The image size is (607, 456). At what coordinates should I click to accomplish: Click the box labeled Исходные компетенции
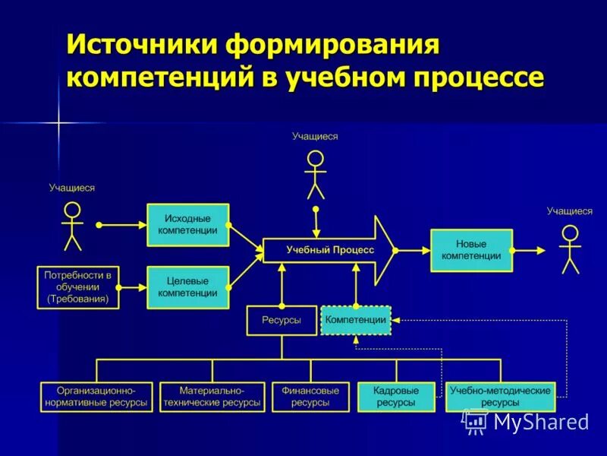(187, 224)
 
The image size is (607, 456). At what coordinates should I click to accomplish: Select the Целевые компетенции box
(187, 287)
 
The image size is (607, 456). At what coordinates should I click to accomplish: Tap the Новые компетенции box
(471, 250)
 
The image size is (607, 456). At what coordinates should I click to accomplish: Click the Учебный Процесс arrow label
(330, 250)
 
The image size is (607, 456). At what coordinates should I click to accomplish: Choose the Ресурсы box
(281, 320)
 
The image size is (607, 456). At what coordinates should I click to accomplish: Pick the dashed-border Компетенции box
(356, 320)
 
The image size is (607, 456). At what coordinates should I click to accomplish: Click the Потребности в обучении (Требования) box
(77, 287)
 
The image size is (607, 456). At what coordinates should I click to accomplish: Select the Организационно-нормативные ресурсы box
(96, 397)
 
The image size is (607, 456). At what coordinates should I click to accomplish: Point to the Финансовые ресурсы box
(310, 397)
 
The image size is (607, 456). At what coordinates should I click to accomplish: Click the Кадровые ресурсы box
(395, 397)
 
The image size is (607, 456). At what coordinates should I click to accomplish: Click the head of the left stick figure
(72, 210)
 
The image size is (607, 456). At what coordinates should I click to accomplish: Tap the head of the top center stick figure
(315, 159)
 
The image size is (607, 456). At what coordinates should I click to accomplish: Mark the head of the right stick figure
(570, 233)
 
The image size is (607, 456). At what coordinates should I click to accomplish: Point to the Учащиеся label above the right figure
(570, 211)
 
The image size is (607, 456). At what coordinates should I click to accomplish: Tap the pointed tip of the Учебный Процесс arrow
(394, 250)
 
